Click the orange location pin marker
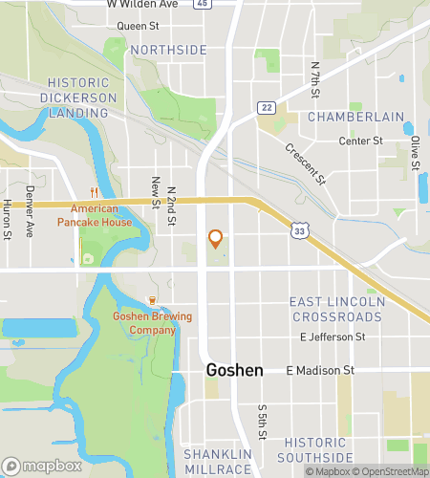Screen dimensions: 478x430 point(216,239)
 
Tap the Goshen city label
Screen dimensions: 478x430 point(234,369)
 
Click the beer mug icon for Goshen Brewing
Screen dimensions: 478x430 point(149,301)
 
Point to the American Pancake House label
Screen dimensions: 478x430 point(87,215)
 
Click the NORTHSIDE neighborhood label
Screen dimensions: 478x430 point(168,49)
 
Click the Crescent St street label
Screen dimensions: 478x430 point(306,163)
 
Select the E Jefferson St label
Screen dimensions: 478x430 point(333,337)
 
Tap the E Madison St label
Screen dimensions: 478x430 point(320,370)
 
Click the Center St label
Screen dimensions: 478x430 point(361,141)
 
